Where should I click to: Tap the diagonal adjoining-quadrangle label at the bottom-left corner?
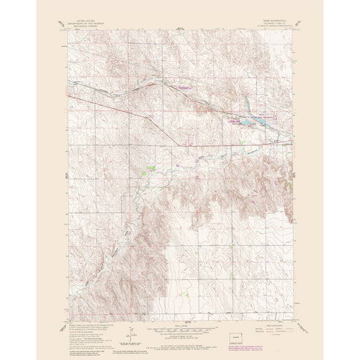coord(61,307)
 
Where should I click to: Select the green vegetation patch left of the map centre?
coord(151,167)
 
